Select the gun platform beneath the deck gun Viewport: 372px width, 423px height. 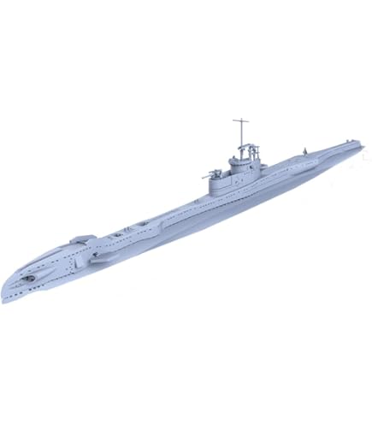click(x=216, y=181)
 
